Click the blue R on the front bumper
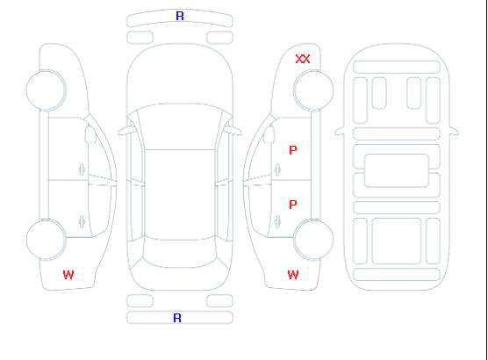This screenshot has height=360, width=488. tap(180, 16)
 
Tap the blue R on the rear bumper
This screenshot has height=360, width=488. tap(177, 318)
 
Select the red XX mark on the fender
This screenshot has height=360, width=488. tap(303, 59)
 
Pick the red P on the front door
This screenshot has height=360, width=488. tap(293, 150)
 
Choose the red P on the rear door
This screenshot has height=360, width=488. tap(293, 205)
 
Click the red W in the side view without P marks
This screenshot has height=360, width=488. tap(68, 275)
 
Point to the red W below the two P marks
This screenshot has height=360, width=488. tap(293, 275)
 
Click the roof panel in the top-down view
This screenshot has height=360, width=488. tap(180, 195)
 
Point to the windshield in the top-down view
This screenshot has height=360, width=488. tap(180, 126)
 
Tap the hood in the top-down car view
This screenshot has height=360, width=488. tap(180, 75)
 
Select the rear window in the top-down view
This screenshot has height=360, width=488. tap(180, 254)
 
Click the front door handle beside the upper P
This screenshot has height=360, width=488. tap(277, 169)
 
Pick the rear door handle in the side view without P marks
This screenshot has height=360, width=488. tap(82, 221)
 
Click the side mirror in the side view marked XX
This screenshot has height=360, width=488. tap(269, 134)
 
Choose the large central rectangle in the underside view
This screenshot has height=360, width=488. tap(397, 170)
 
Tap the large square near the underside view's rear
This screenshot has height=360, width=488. tap(397, 241)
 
